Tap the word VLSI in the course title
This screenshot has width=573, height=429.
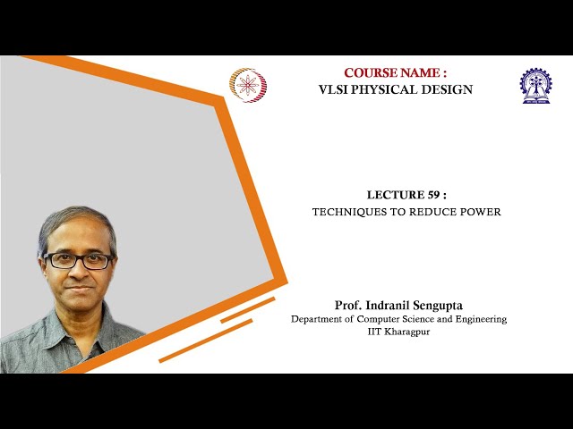coord(336,89)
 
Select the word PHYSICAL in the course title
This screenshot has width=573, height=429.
coord(388,89)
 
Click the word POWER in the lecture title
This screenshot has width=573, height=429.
coord(480,213)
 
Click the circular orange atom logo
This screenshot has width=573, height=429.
coord(248,86)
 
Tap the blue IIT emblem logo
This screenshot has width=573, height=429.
coord(535,86)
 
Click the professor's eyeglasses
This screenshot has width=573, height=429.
coord(79,261)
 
